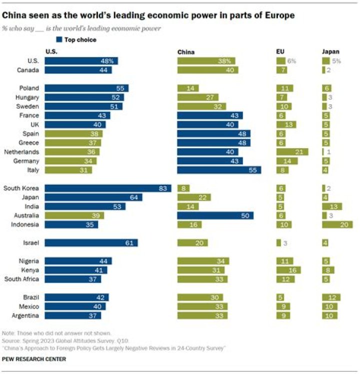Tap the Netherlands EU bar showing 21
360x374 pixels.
tap(292, 152)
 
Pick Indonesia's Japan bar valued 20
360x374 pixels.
tap(337, 225)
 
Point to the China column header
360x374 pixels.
tap(186, 52)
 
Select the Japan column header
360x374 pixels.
tap(330, 52)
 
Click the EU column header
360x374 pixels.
tap(280, 52)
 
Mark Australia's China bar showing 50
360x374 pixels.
tap(215, 216)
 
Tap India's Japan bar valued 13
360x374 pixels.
tap(332, 207)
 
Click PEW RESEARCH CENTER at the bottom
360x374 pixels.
tap(34, 359)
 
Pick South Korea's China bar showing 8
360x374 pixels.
tap(182, 188)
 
